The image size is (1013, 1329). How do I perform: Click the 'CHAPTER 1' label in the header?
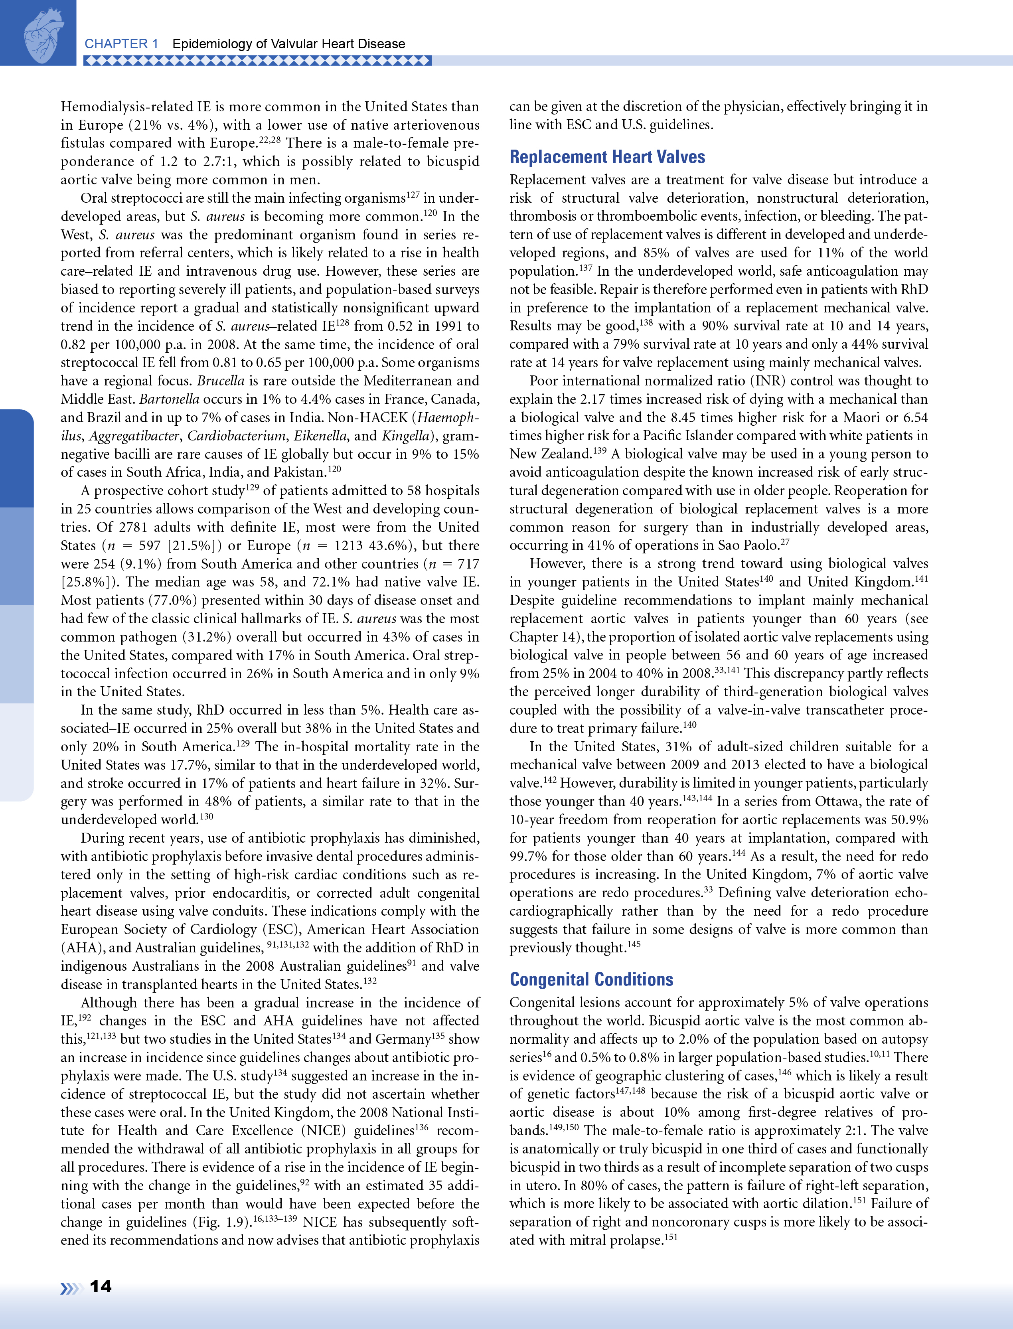pos(121,44)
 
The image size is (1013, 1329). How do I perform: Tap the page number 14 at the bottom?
pos(101,1287)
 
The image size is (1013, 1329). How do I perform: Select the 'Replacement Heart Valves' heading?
pos(607,157)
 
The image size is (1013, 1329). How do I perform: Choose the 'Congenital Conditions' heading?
pos(591,979)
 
